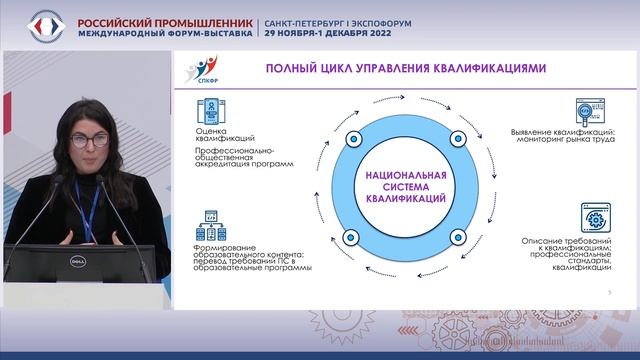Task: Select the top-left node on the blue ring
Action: point(351,136)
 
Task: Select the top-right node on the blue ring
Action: point(458,137)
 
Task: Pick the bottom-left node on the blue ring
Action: point(350,237)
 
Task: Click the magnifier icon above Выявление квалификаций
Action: point(588,112)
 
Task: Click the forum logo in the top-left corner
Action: point(37,25)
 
